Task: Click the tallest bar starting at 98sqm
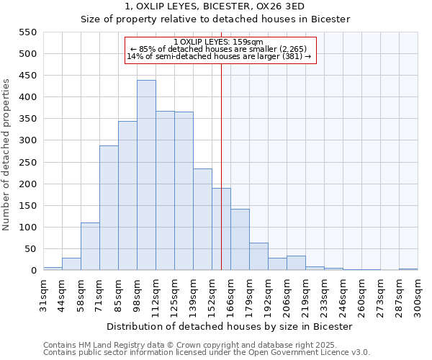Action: pyautogui.click(x=146, y=175)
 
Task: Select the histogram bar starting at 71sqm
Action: pyautogui.click(x=109, y=208)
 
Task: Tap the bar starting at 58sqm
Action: pyautogui.click(x=90, y=246)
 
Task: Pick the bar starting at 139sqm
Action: pyautogui.click(x=202, y=220)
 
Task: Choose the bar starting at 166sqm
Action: pyautogui.click(x=240, y=240)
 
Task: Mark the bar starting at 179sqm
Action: pyautogui.click(x=258, y=256)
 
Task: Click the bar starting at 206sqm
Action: pyautogui.click(x=296, y=263)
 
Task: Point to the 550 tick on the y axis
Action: pyautogui.click(x=27, y=32)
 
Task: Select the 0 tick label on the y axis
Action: pyautogui.click(x=32, y=271)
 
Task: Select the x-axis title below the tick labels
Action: pyautogui.click(x=230, y=326)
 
